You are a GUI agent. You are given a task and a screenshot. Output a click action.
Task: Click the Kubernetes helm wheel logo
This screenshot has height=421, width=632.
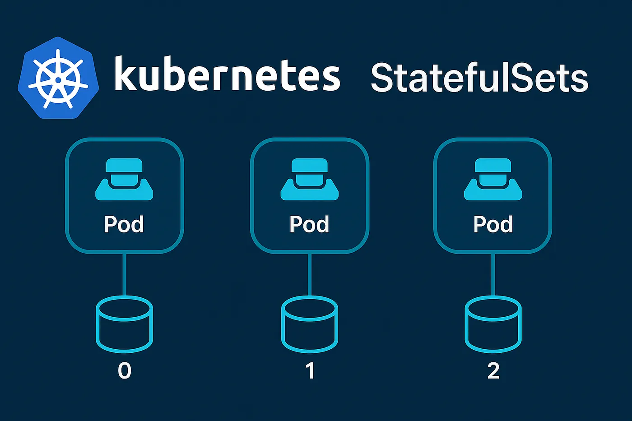58,78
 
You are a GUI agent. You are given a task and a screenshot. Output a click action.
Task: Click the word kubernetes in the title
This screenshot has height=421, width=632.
227,74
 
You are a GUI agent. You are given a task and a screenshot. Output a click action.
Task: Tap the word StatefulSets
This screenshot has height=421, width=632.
479,78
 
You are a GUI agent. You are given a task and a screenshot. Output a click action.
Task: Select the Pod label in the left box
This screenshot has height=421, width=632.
124,224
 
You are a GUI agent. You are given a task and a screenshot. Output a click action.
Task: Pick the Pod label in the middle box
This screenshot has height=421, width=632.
309,224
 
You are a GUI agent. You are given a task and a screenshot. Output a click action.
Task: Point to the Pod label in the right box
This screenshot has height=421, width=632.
493,224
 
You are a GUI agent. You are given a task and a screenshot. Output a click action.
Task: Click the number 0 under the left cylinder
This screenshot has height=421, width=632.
125,371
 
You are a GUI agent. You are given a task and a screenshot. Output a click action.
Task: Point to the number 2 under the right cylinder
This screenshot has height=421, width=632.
493,371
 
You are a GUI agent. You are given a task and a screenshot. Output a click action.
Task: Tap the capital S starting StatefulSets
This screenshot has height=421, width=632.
383,78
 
